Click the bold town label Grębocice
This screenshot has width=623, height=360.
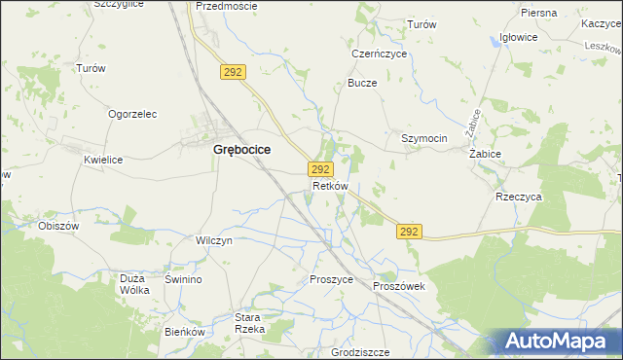coord(240,150)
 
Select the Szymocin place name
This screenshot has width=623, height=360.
coord(424,138)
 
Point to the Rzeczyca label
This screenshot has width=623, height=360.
coord(518,196)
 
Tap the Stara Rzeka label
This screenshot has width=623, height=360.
coord(250,324)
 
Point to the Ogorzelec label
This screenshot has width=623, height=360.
coord(132,114)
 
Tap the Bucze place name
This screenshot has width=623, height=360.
coord(362,83)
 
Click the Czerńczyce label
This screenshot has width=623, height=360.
coord(379,54)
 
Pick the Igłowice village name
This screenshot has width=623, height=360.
coord(518,37)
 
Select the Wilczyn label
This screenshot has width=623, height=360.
coord(214,240)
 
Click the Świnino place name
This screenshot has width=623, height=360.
coord(183,279)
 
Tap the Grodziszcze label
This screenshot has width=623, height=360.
coord(360,352)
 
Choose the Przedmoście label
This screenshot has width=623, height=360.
coord(226,6)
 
